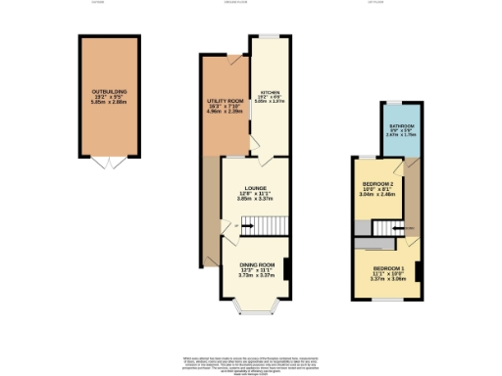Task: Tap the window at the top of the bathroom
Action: coord(398,102)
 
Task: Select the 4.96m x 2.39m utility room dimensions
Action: coord(225,112)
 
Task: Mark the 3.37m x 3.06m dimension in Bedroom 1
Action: coord(386,277)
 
